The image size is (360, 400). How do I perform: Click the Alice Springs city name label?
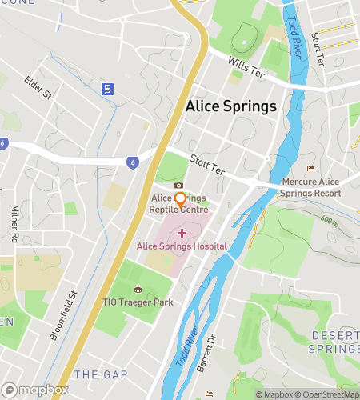(230, 106)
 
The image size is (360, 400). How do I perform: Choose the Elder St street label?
(38, 88)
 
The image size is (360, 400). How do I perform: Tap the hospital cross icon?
(181, 232)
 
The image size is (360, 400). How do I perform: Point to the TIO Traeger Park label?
(138, 302)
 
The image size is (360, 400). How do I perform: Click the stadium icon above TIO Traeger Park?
(138, 289)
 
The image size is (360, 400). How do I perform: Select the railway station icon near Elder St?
(106, 88)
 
